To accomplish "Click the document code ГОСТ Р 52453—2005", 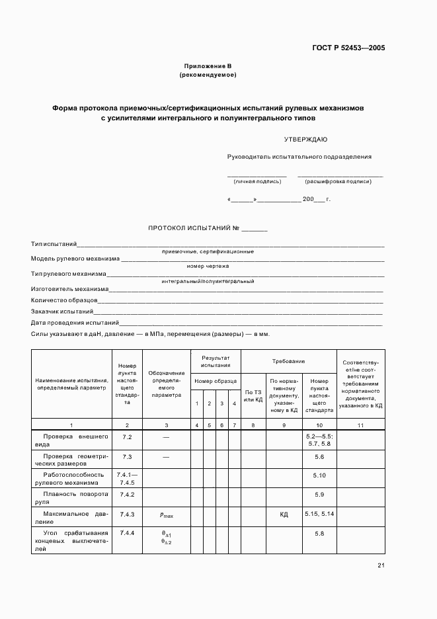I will pyautogui.click(x=348, y=48).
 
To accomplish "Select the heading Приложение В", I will pyautogui.click(x=208, y=66).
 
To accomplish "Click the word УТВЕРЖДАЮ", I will pyautogui.click(x=305, y=140).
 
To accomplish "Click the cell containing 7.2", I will pyautogui.click(x=127, y=438).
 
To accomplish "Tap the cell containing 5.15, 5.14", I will pyautogui.click(x=319, y=514).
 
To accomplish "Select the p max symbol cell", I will pyautogui.click(x=166, y=515).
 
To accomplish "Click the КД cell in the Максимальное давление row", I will pyautogui.click(x=284, y=515).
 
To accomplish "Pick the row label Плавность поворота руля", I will pyautogui.click(x=71, y=498).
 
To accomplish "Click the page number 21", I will pyautogui.click(x=381, y=565).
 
